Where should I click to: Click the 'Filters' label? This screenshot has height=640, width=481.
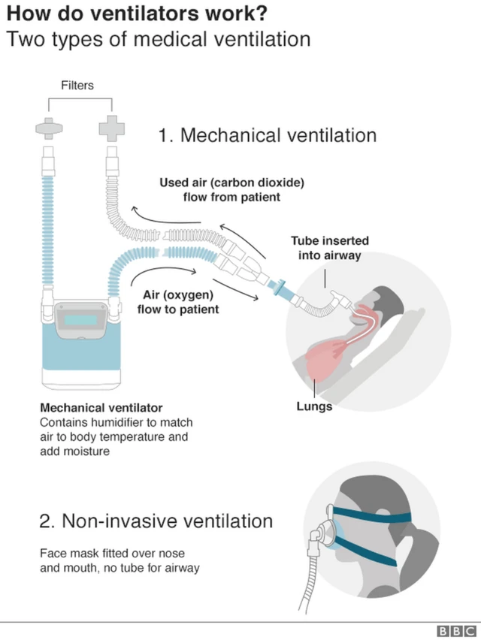[x=77, y=85]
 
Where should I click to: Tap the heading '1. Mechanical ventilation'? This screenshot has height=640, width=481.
[x=267, y=135]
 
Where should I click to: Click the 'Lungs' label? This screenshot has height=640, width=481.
[x=314, y=406]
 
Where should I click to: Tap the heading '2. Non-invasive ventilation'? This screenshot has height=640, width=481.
[x=156, y=521]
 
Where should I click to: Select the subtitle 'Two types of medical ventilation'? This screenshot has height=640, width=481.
[x=159, y=39]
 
